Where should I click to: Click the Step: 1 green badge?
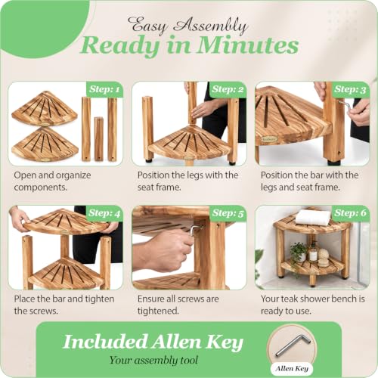(x=104, y=89)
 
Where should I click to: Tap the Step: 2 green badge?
(x=228, y=89)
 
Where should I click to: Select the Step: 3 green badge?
(x=351, y=89)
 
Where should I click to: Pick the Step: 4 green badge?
(x=104, y=213)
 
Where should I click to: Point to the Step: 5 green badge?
(x=228, y=213)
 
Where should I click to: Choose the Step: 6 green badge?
(x=351, y=213)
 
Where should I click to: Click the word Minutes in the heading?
(x=248, y=45)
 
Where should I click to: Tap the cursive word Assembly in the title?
(x=211, y=26)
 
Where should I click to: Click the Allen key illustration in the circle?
(x=293, y=345)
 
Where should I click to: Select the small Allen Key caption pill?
(x=292, y=369)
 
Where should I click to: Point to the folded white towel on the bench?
(x=313, y=218)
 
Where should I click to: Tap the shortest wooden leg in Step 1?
(x=98, y=139)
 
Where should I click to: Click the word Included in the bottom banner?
(x=105, y=342)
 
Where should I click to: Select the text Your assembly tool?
(x=153, y=360)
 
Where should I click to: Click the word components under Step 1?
(x=40, y=187)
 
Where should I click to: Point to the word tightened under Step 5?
(x=158, y=311)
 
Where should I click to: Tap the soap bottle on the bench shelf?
(x=313, y=252)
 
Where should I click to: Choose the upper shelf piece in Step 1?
(x=45, y=107)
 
